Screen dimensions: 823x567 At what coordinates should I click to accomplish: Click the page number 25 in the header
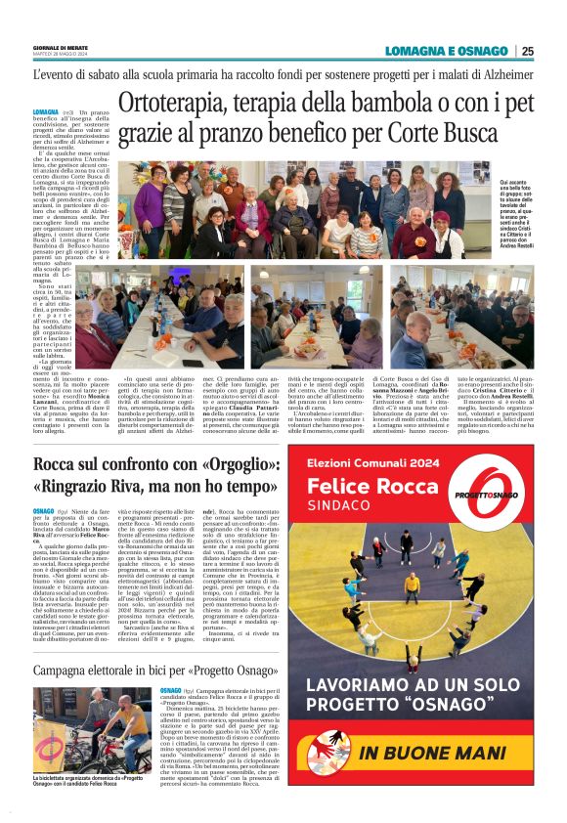click(x=528, y=51)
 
